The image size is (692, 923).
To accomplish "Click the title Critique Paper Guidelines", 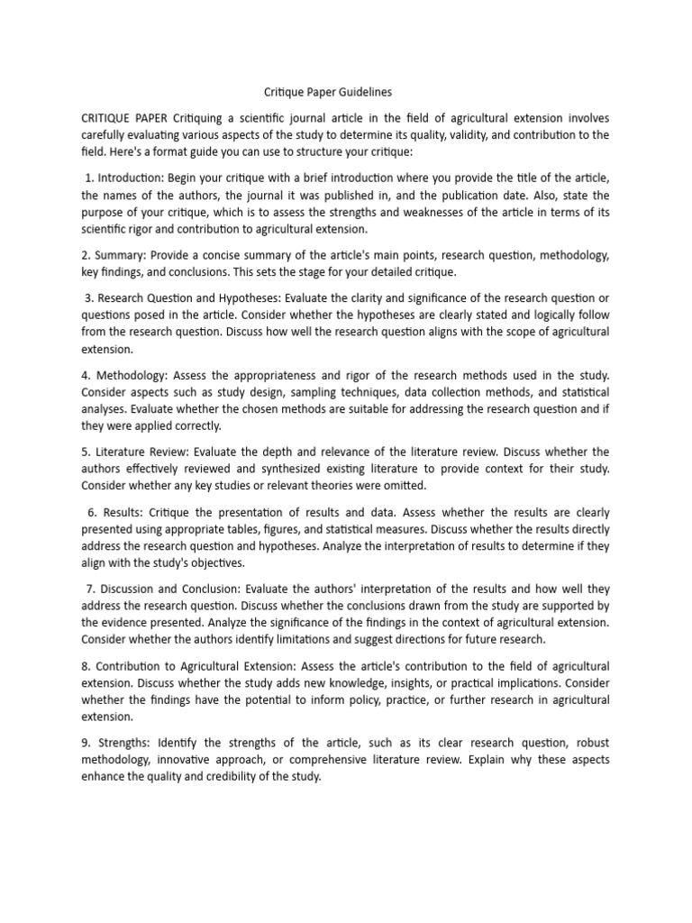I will click(327, 91).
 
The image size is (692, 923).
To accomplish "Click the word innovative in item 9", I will click(192, 760).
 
